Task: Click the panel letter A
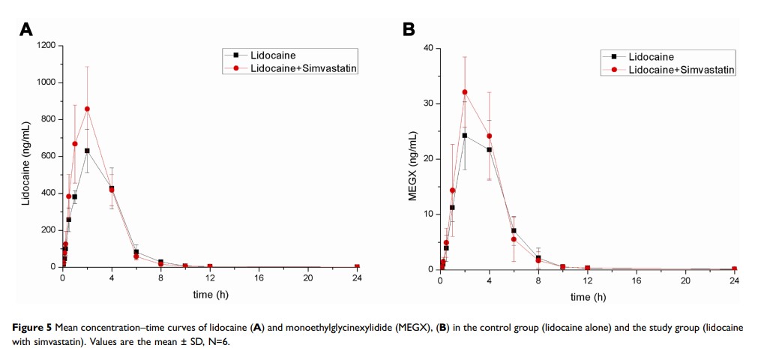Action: tap(26, 29)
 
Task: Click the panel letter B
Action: tap(409, 29)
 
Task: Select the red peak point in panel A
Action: tap(87, 109)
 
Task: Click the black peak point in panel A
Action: tap(87, 151)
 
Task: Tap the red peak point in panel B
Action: tap(465, 92)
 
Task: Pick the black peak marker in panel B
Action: tap(465, 136)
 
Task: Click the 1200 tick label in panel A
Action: tap(46, 46)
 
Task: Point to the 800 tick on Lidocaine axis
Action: tap(49, 120)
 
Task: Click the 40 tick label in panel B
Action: tap(429, 48)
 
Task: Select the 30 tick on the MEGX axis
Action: tap(429, 103)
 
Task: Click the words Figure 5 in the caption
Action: tap(35, 328)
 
